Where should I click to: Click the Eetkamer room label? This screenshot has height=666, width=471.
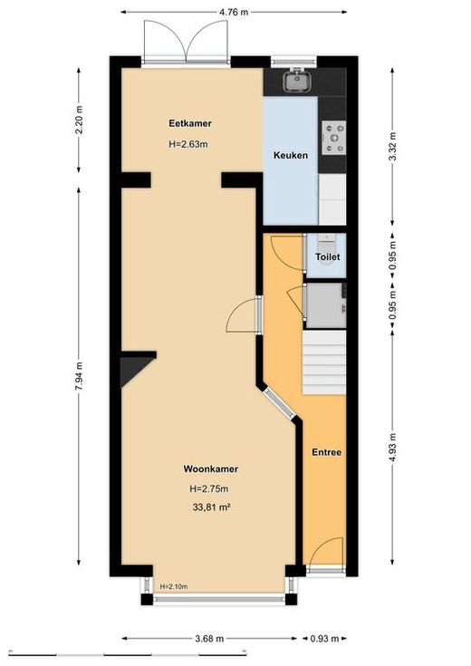point(190,123)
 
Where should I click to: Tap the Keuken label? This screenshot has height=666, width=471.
point(291,156)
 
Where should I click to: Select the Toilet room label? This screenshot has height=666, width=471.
point(328,257)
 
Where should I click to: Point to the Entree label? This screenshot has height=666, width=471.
point(327,452)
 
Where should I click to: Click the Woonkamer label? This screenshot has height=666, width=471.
point(211,469)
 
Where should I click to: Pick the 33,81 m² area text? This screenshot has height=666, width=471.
point(212,507)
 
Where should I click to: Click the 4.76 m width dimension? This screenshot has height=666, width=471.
point(234,12)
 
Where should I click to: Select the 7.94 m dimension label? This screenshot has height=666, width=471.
point(79,376)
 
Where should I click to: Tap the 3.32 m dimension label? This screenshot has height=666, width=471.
point(393,147)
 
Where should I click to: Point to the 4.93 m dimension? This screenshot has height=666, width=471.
point(393,448)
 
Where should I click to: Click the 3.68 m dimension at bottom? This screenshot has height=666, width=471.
point(209,639)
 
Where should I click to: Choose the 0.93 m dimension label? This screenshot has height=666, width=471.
point(325,639)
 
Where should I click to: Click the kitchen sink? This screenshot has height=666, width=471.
point(297,81)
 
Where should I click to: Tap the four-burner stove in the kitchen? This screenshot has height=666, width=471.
point(334,137)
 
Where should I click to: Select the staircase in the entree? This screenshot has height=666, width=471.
point(324,362)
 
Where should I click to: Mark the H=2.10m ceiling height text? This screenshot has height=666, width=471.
point(174,586)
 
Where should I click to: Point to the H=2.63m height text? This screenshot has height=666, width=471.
point(188,144)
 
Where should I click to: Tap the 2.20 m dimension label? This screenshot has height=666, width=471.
point(79,120)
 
